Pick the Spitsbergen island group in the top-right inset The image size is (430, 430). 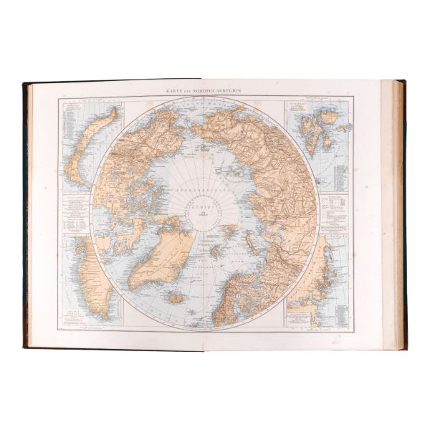pyautogui.click(x=315, y=133)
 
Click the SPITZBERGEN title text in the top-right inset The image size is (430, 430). pyautogui.click(x=298, y=107)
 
